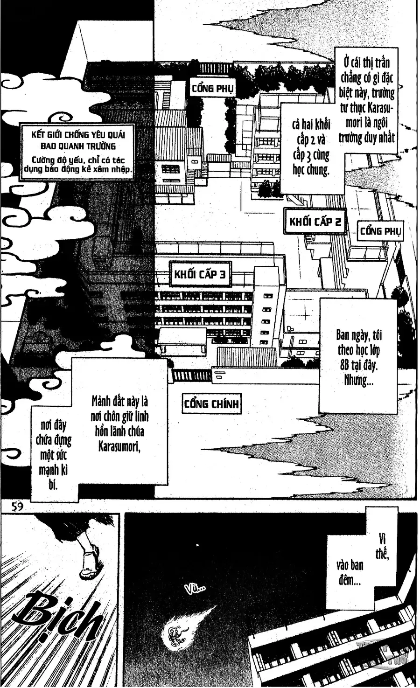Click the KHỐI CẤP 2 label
click(315, 221)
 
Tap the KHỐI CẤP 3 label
click(200, 274)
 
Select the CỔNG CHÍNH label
click(211, 404)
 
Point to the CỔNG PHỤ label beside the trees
click(212, 88)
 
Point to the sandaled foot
click(90, 560)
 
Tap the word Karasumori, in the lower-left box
click(119, 446)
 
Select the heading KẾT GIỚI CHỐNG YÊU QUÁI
click(78, 135)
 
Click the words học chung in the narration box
click(311, 169)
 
